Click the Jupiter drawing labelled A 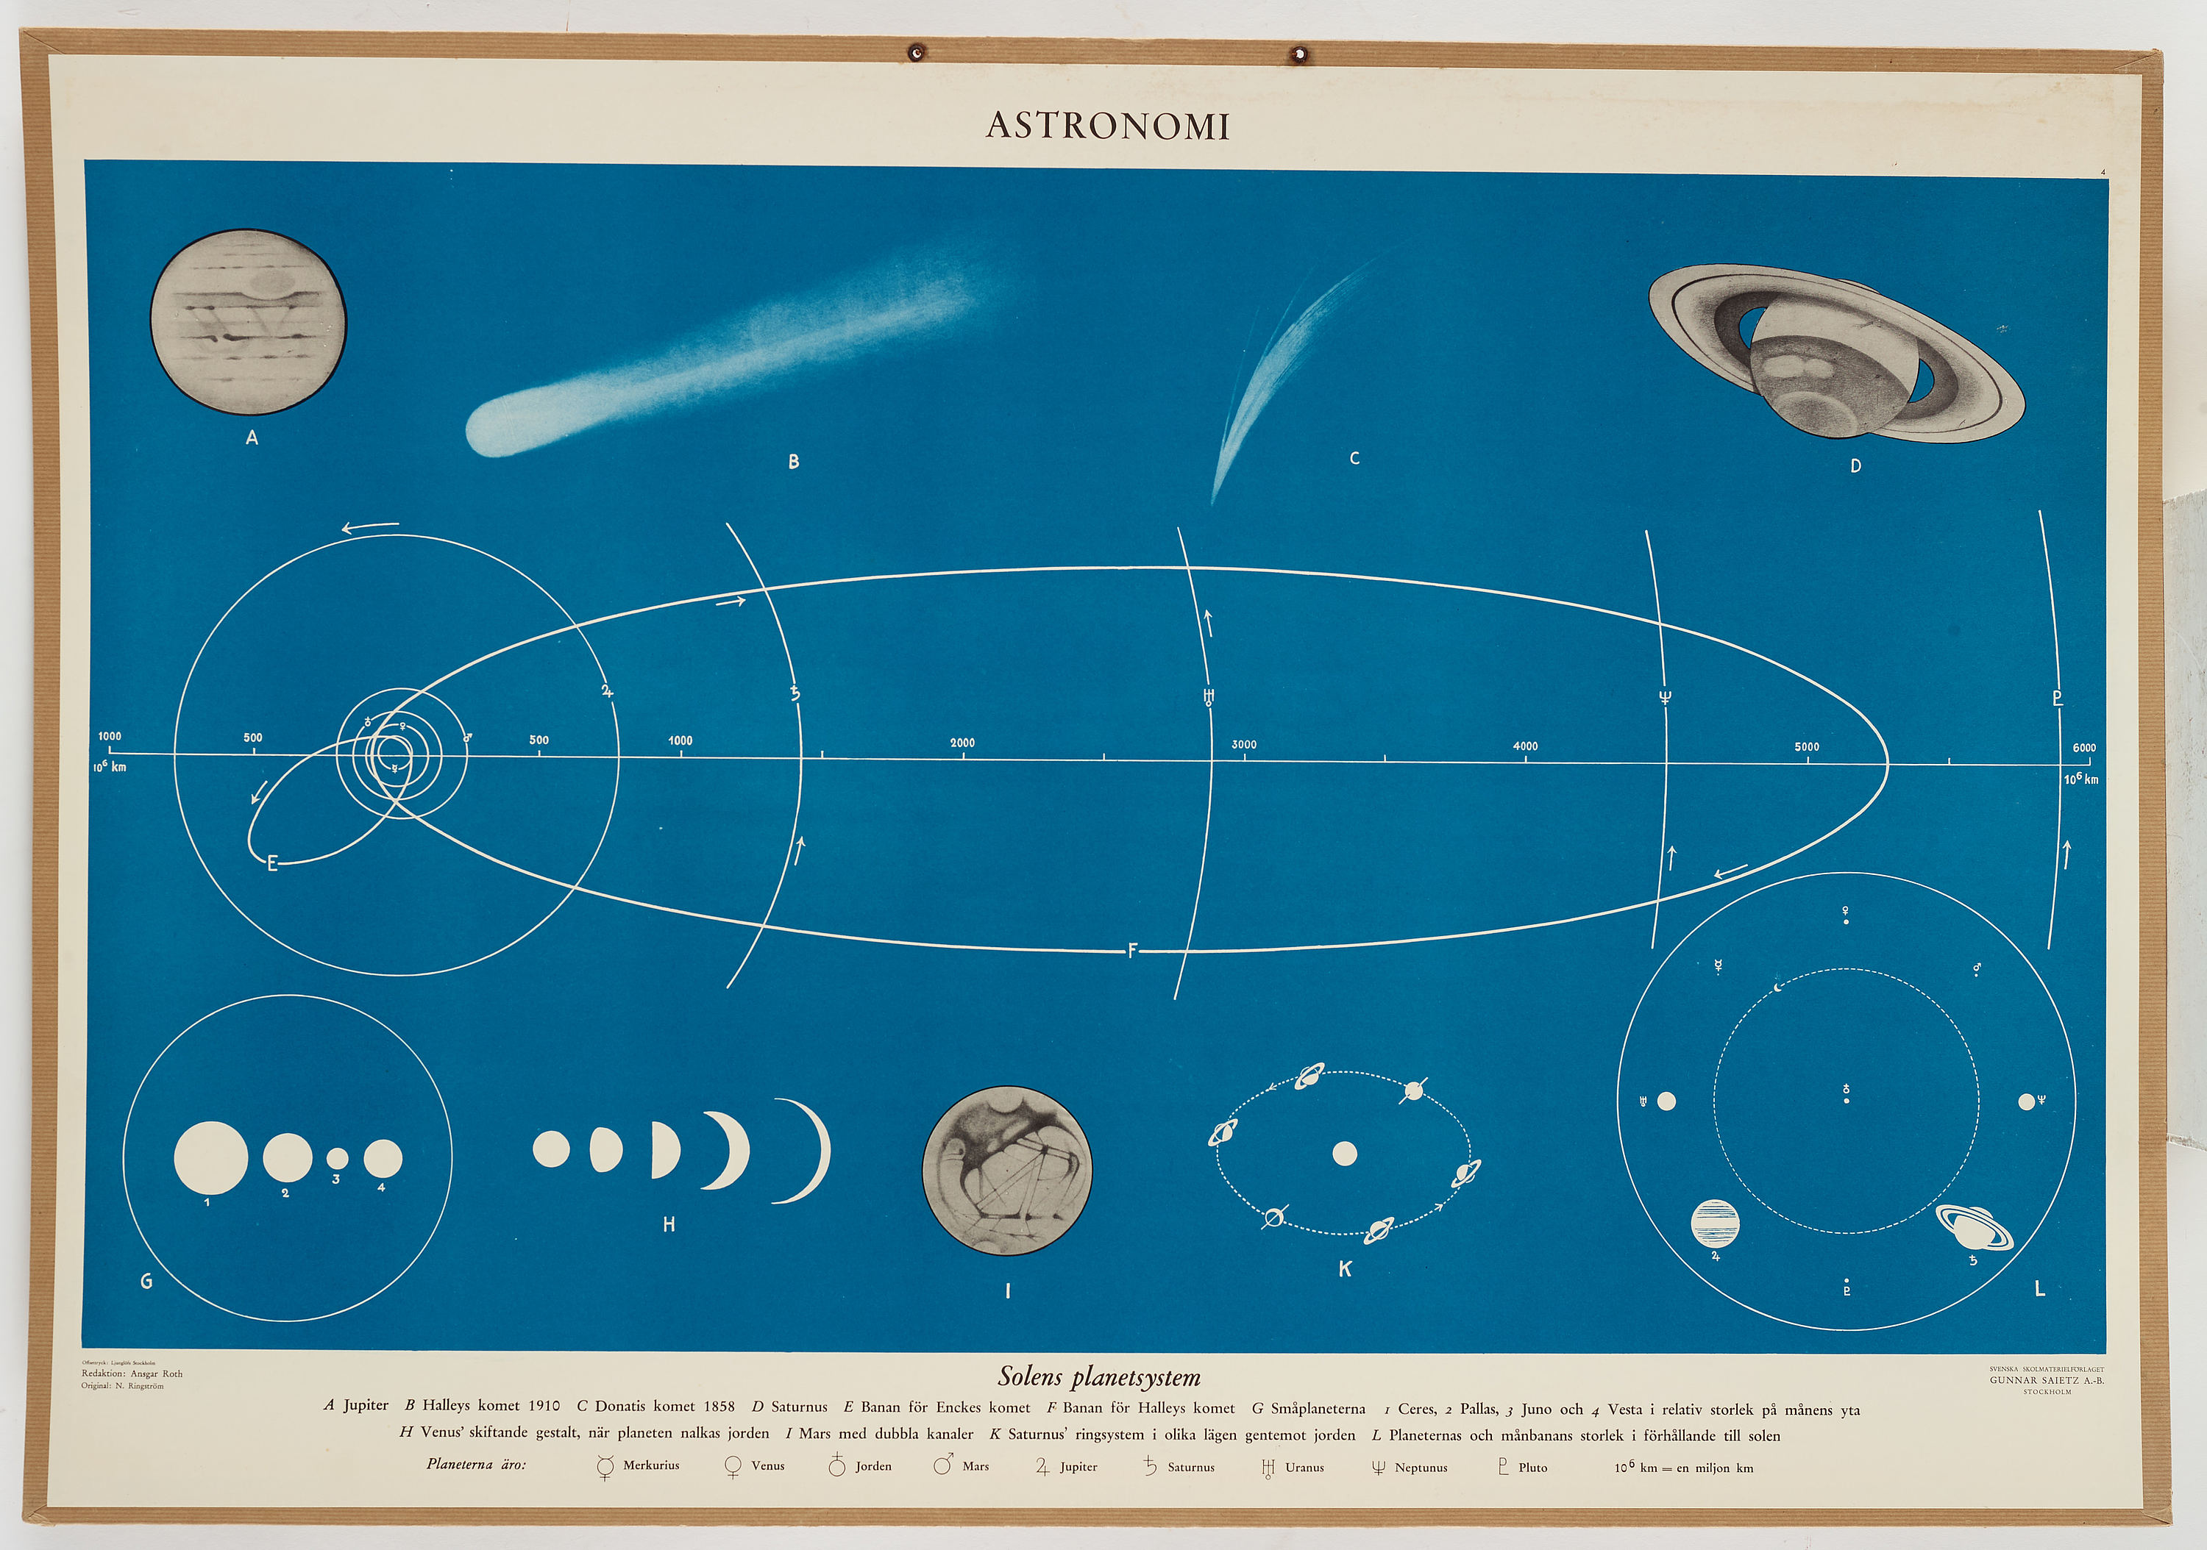pos(248,322)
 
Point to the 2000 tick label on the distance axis pos(962,743)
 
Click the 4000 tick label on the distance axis pos(1526,746)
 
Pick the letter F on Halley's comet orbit pos(1132,951)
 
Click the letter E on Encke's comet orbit pos(272,864)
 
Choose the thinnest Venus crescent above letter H pos(813,1150)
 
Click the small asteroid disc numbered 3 pos(338,1158)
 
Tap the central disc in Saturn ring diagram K pos(1345,1153)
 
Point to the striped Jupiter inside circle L pos(1715,1224)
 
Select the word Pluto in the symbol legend pos(1532,1468)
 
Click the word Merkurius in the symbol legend pos(651,1465)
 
